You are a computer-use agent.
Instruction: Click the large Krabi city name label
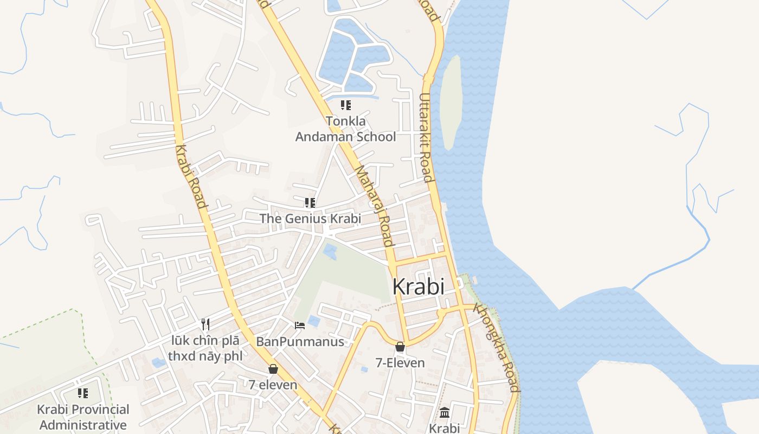click(418, 286)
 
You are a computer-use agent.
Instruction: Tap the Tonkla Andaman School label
click(345, 129)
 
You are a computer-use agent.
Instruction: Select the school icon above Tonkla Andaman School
click(345, 105)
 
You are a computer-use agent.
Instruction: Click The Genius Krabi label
click(310, 219)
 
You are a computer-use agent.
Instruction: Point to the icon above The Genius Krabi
click(310, 203)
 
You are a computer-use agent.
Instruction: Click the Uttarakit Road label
click(426, 137)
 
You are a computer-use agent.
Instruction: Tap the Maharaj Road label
click(374, 206)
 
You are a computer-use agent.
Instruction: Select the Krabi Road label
click(191, 177)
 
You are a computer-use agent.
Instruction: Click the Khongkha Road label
click(497, 347)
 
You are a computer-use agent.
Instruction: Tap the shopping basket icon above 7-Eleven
click(400, 347)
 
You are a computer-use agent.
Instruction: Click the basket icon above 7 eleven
click(273, 369)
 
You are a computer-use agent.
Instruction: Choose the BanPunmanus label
click(300, 342)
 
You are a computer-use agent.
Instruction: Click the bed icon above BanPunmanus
click(300, 325)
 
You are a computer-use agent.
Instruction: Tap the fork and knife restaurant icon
click(205, 324)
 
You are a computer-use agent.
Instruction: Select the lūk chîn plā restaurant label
click(205, 349)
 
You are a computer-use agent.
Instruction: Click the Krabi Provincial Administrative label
click(83, 417)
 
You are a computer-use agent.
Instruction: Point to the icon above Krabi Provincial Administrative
click(83, 393)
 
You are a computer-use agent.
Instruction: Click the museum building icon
click(445, 412)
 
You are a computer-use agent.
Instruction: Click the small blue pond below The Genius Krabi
click(330, 251)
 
